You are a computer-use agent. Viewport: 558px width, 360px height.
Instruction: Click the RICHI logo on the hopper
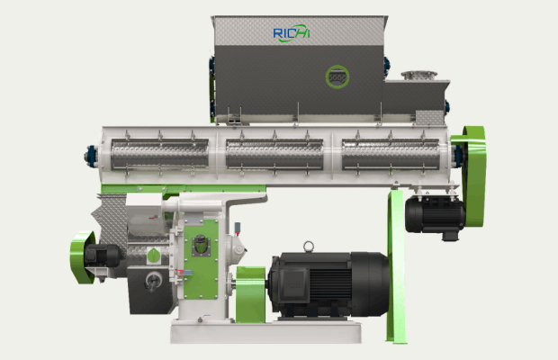[292, 33]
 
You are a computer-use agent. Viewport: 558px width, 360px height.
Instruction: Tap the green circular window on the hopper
[337, 76]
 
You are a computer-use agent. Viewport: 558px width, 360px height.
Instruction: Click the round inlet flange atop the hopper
[419, 76]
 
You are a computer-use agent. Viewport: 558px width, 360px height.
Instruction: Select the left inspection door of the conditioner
[159, 154]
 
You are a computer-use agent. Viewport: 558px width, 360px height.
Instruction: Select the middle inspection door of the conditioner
[274, 154]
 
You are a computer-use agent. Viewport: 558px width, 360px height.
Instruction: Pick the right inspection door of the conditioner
[391, 154]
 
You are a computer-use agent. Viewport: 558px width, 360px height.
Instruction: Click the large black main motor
[329, 283]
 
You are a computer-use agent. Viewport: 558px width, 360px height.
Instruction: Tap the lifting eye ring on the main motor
[308, 247]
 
